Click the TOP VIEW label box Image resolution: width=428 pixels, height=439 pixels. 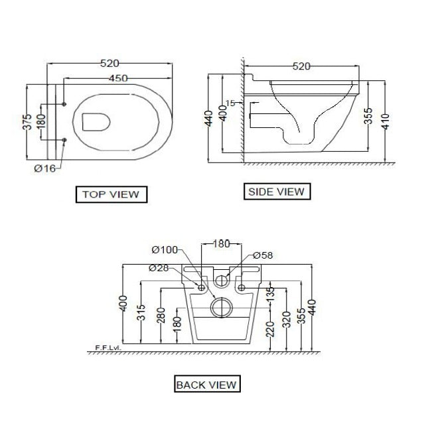[111, 194]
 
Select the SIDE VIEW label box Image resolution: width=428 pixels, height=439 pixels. [275, 192]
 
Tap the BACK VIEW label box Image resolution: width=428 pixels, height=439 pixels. [206, 384]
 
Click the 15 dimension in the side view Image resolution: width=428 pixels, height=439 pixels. [230, 103]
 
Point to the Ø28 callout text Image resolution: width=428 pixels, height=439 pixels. [159, 267]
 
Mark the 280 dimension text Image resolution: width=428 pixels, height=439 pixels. [160, 314]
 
